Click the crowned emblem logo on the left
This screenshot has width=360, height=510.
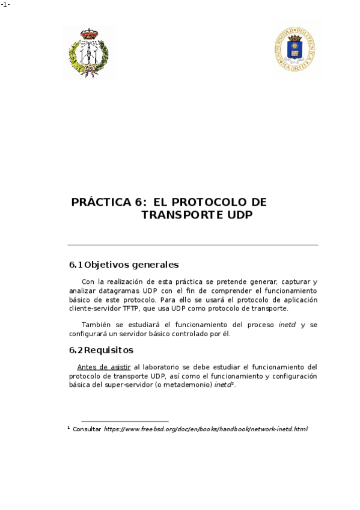88,52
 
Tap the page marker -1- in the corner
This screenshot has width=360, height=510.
5,5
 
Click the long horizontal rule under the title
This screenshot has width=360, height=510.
192,245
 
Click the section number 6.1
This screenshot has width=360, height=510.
75,265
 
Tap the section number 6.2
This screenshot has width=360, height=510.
75,350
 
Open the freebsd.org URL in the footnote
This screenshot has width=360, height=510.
206,429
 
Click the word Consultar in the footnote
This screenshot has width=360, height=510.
87,429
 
